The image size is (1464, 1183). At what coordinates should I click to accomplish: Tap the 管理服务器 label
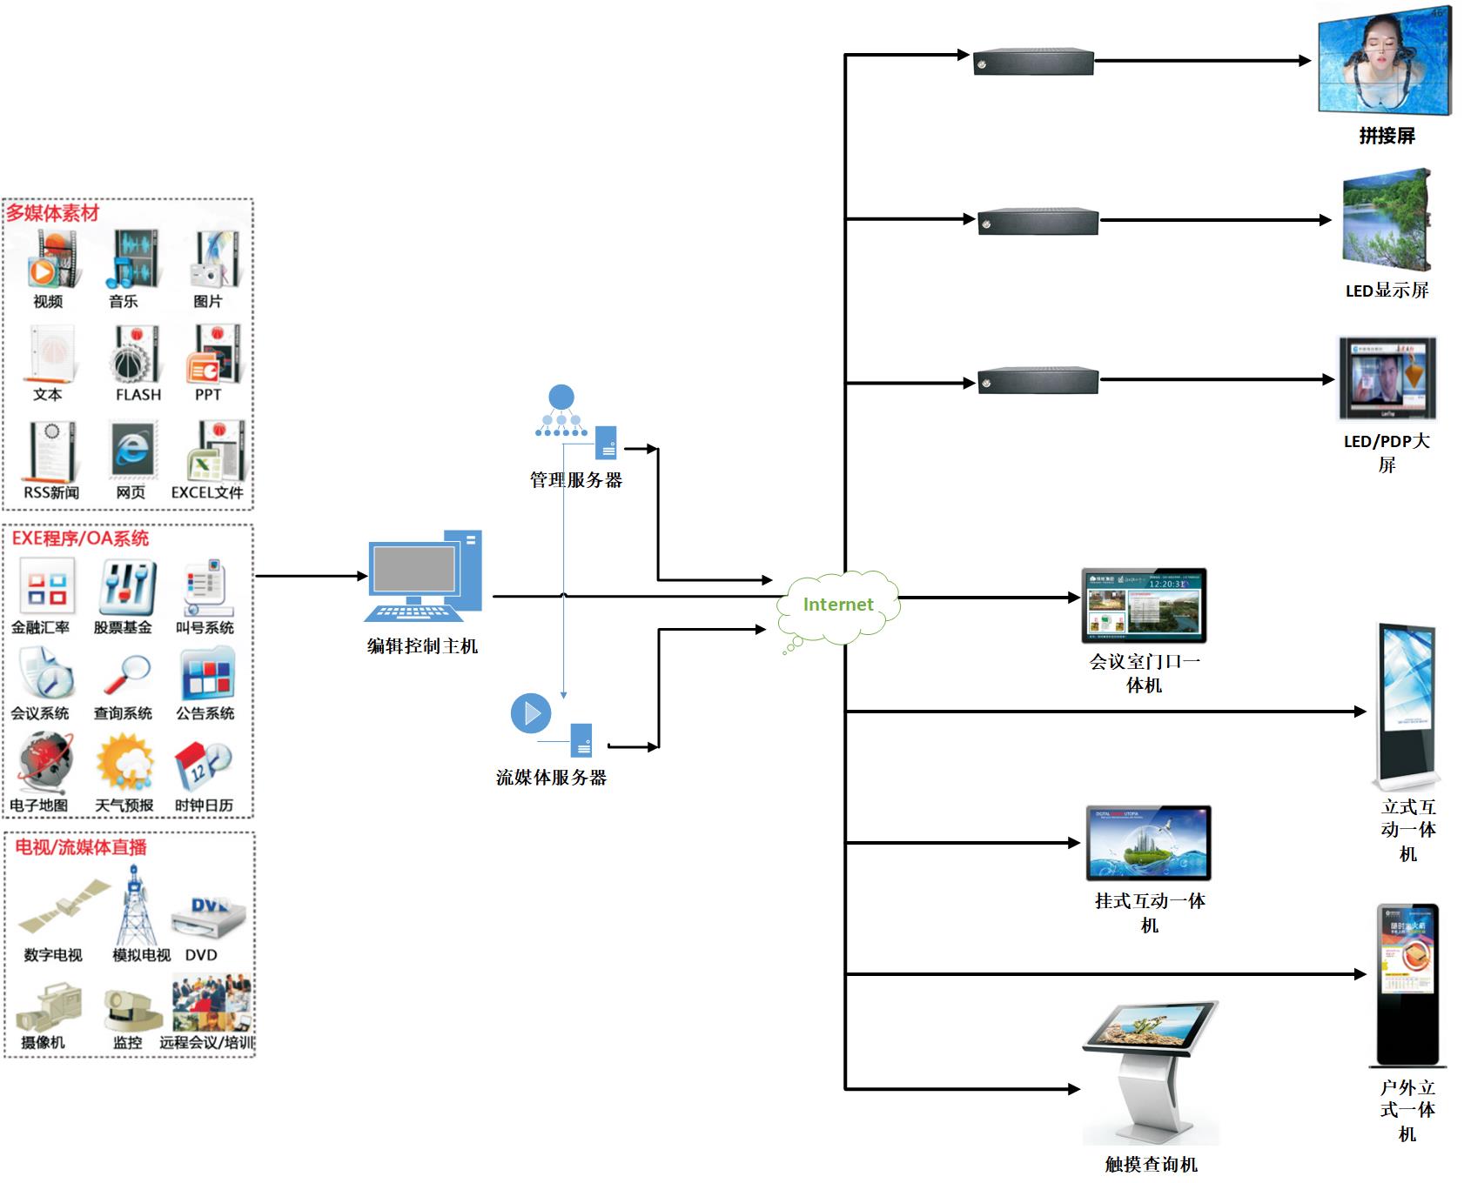[576, 480]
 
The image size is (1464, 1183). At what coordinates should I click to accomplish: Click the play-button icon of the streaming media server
[531, 713]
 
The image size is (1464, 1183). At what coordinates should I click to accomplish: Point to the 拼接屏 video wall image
[1385, 59]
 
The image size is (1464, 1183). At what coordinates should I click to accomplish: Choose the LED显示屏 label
[1387, 291]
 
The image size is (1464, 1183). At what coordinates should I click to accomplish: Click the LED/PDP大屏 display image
[1387, 379]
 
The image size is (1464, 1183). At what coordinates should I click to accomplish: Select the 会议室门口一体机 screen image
[1144, 605]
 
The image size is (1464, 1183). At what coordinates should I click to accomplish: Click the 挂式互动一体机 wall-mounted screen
[1149, 842]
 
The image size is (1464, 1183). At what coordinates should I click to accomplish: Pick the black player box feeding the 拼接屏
[1033, 62]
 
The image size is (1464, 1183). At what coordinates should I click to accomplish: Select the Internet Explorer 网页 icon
[132, 450]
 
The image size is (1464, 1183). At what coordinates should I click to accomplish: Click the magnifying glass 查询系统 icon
[124, 675]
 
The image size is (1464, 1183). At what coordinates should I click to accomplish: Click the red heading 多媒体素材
[53, 213]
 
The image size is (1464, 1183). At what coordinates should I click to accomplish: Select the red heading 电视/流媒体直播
[81, 847]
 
